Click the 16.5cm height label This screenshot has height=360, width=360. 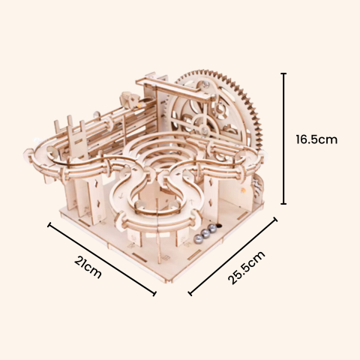point(316,139)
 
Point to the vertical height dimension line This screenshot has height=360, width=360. point(283,138)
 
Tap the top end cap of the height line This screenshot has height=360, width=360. point(283,73)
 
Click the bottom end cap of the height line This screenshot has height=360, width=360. point(283,203)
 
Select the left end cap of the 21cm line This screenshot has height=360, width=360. point(49,223)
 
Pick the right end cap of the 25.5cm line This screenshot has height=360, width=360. point(275,219)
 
